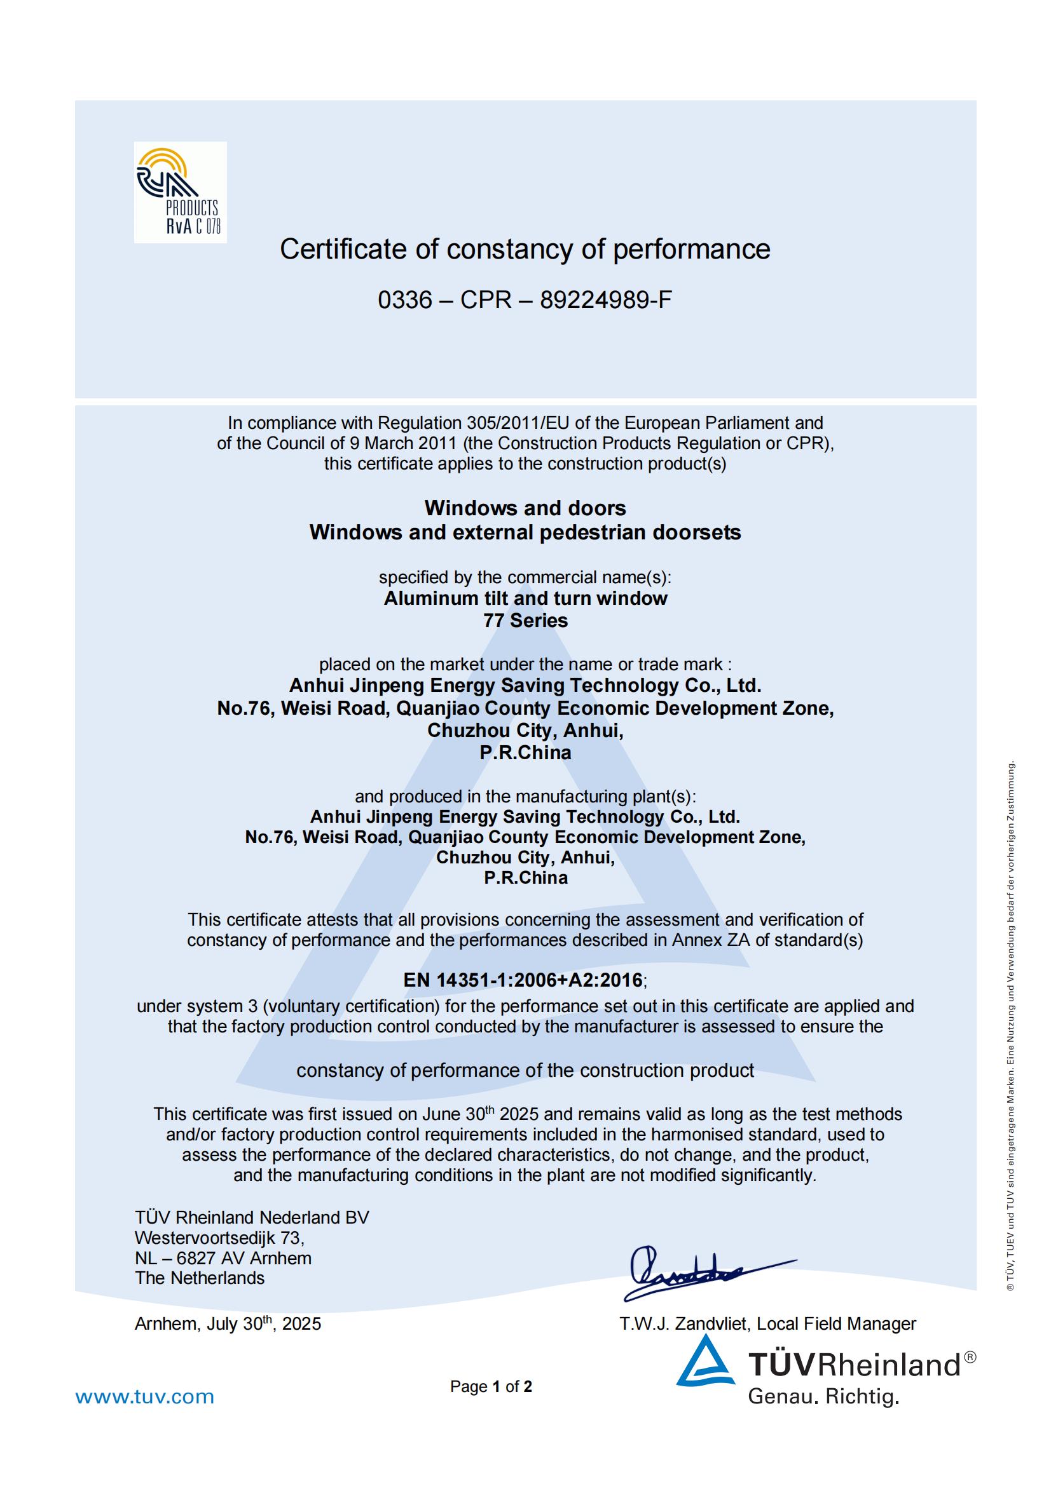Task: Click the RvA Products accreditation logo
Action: tap(180, 193)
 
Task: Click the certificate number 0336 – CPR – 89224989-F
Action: tap(525, 300)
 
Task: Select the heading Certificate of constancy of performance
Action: tap(525, 249)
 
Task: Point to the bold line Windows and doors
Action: tap(525, 508)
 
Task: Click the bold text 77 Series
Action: tap(525, 620)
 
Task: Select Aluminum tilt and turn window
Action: tap(525, 598)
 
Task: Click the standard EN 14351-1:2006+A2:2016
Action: tap(523, 980)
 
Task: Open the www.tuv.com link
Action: tap(144, 1396)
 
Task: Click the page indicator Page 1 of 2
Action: tap(491, 1386)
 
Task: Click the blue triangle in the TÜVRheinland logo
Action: tap(705, 1363)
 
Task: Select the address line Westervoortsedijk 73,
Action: tap(219, 1238)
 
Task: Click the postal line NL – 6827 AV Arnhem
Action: tap(223, 1258)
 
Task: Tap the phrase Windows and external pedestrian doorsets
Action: tap(525, 532)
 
